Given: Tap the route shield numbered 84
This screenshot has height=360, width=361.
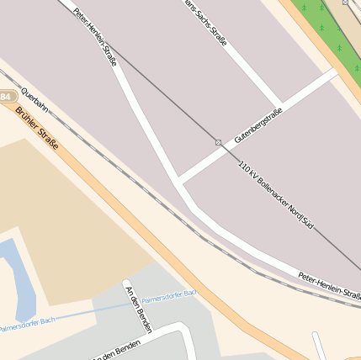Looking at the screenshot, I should [6, 98].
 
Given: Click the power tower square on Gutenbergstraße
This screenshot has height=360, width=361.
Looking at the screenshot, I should [218, 143].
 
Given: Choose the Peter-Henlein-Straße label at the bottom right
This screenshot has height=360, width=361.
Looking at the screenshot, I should [328, 286].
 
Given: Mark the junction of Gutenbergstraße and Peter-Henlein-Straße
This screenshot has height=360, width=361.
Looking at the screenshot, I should [178, 179].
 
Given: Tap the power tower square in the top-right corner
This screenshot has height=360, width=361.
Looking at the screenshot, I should [346, 3].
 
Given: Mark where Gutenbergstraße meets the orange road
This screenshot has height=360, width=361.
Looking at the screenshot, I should [335, 72].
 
